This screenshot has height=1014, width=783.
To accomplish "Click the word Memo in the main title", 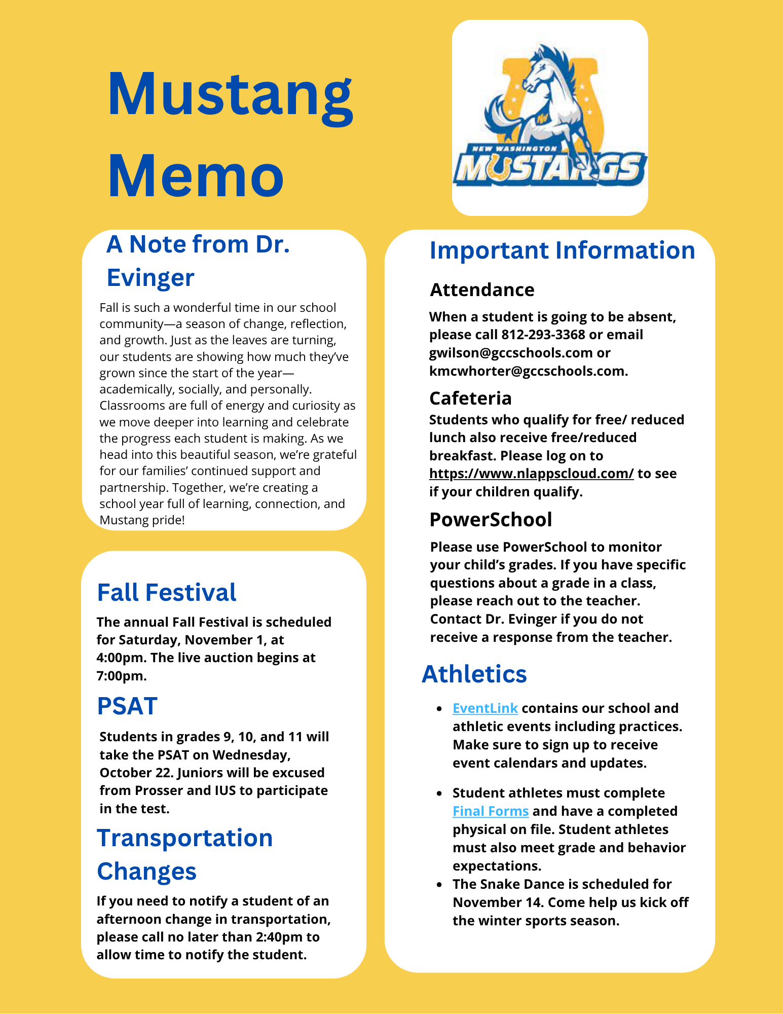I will pyautogui.click(x=196, y=176).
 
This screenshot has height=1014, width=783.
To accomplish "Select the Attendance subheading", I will pyautogui.click(x=482, y=290).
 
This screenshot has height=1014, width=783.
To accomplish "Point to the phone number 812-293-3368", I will pyautogui.click(x=543, y=335).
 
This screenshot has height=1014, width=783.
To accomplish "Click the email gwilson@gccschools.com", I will pyautogui.click(x=511, y=353).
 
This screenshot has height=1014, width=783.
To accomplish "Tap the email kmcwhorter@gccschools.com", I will pyautogui.click(x=527, y=371).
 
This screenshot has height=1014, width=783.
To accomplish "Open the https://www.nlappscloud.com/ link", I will pyautogui.click(x=531, y=474).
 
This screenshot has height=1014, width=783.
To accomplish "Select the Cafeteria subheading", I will pyautogui.click(x=470, y=399).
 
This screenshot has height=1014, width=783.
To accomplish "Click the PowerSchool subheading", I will pyautogui.click(x=491, y=520).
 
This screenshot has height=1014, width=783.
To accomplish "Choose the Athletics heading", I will pyautogui.click(x=474, y=674).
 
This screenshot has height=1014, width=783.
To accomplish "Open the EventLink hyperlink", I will pyautogui.click(x=485, y=708).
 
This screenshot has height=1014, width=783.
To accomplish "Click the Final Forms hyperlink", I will pyautogui.click(x=491, y=811).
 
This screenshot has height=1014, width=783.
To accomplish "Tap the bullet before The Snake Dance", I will pyautogui.click(x=439, y=885).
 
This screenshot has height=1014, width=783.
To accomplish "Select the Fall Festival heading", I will pyautogui.click(x=167, y=593).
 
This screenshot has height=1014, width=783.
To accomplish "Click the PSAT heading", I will pyautogui.click(x=127, y=706).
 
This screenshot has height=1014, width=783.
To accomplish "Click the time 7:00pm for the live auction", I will pyautogui.click(x=122, y=676).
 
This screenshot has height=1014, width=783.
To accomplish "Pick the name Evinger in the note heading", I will pyautogui.click(x=151, y=278).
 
